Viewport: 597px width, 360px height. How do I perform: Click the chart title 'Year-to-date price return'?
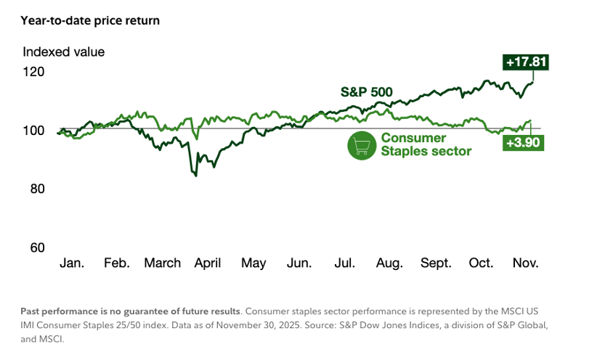coord(90,20)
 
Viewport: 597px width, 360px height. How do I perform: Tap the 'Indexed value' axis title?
coord(64,52)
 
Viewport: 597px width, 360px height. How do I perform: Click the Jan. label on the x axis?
coord(71,263)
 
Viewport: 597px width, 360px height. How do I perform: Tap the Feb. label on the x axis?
coord(115,263)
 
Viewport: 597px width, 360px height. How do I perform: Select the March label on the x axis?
coord(162,263)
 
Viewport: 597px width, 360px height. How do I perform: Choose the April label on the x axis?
coord(208,263)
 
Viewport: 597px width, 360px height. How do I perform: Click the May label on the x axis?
coord(253,263)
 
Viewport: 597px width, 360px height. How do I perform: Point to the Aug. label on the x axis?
coord(389,263)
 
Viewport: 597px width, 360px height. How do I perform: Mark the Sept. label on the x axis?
coord(435,263)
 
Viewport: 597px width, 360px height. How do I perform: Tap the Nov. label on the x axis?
coord(527,263)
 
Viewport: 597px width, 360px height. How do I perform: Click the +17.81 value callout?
coord(525,62)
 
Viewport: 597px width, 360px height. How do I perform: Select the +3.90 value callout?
coord(522,143)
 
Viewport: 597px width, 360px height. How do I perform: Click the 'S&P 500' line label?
coord(367,92)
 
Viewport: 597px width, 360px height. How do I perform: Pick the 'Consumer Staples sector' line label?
coord(426,144)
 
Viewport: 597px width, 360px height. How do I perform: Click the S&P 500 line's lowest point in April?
coord(195,176)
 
